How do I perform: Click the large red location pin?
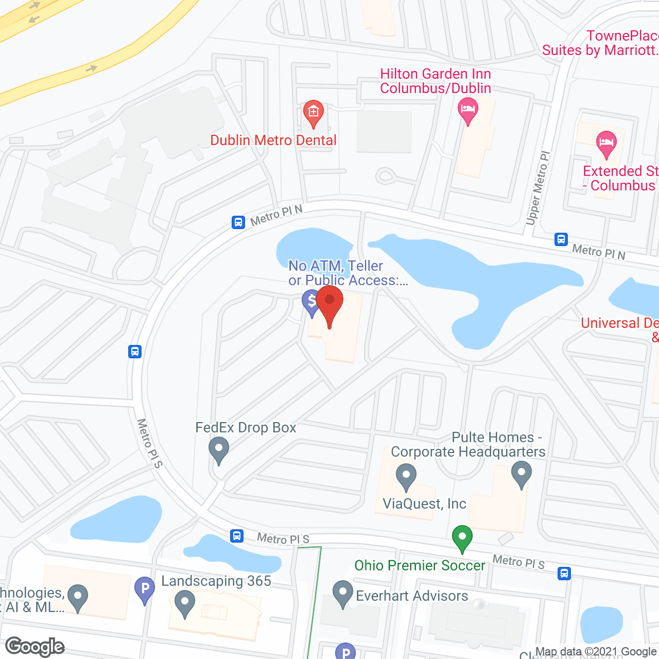[x=329, y=303]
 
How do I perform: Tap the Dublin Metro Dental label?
[x=273, y=140]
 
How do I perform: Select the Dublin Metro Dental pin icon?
[x=313, y=113]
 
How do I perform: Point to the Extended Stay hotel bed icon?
[x=606, y=143]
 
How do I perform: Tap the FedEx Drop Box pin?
[x=219, y=449]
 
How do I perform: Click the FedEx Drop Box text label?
[x=246, y=428]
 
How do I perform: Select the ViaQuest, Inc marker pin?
[x=406, y=476]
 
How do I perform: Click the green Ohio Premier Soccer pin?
[x=462, y=537]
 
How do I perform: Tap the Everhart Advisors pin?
[x=342, y=593]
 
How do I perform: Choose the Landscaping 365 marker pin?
[x=184, y=602]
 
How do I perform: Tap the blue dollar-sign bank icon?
[x=311, y=302]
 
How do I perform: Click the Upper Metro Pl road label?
[x=538, y=188]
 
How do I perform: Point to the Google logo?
[x=35, y=647]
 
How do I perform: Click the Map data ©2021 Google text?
[x=596, y=652]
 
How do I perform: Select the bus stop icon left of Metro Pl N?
[x=238, y=222]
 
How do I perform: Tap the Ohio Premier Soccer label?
[x=420, y=565]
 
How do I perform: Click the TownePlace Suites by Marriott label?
[x=600, y=43]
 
